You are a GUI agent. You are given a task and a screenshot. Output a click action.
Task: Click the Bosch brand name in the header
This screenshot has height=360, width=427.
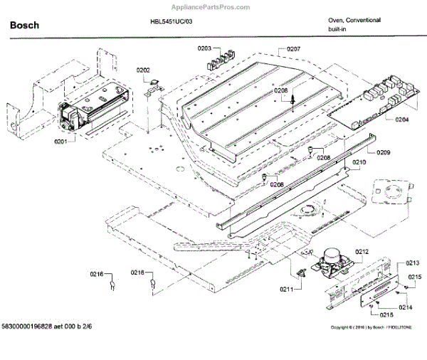pos(24,26)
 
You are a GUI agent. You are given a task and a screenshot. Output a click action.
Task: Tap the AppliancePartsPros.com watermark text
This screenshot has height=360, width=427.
pos(381,5)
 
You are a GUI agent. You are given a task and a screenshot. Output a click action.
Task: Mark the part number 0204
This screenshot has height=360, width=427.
pos(401,120)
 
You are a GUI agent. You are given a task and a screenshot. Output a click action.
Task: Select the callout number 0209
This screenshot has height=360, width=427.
pos(384,152)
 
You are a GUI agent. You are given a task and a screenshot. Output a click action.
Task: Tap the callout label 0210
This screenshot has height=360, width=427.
pos(359,162)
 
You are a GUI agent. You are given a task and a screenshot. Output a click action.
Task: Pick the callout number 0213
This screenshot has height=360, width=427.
pos(413,263)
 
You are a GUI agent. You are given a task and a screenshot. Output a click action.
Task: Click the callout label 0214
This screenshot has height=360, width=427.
pos(405,307)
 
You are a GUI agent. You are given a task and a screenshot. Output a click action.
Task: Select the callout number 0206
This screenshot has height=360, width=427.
pos(280,91)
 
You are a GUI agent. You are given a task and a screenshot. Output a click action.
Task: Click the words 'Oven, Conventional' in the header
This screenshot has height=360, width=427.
pos(354,20)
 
